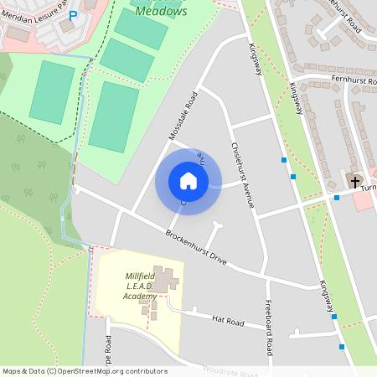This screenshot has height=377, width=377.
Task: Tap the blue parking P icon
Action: [x=73, y=15]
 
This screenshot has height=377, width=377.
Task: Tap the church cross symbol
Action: [x=355, y=181]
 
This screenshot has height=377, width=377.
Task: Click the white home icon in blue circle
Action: [x=188, y=181]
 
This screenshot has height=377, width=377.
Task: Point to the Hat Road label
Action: [x=227, y=320]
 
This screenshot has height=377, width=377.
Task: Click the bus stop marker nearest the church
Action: [x=336, y=198]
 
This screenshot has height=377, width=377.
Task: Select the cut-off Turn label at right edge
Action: [x=369, y=188]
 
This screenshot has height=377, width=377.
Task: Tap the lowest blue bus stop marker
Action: [x=342, y=346]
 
